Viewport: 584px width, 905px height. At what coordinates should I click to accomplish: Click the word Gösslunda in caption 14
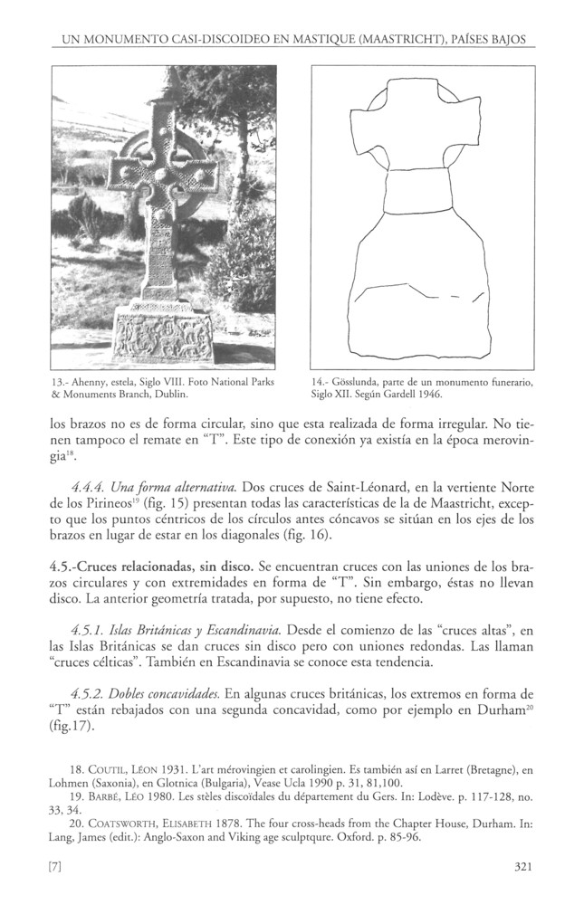tap(353, 383)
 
